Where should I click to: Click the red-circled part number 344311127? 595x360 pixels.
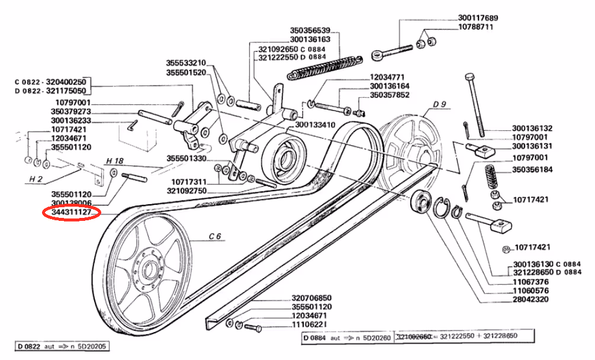pos(71,213)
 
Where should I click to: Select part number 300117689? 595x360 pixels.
pos(478,18)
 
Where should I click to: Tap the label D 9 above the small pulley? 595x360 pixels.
pos(439,104)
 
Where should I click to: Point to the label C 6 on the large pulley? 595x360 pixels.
pos(215,236)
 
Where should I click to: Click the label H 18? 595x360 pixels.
pos(115,161)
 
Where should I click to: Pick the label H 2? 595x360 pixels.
pos(36,179)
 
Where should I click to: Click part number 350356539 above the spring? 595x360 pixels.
pos(310,30)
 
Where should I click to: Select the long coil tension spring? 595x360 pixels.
pos(325,68)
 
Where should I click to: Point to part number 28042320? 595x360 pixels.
pos(530,299)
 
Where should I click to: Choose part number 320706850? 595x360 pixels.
pos(311,298)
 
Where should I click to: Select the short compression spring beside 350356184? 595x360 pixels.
pos(493,177)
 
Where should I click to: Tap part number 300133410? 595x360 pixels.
pos(315,125)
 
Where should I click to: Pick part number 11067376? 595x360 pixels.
pos(530,282)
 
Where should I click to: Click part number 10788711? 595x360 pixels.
pos(476,27)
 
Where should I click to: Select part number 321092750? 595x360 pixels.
pos(187,191)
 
